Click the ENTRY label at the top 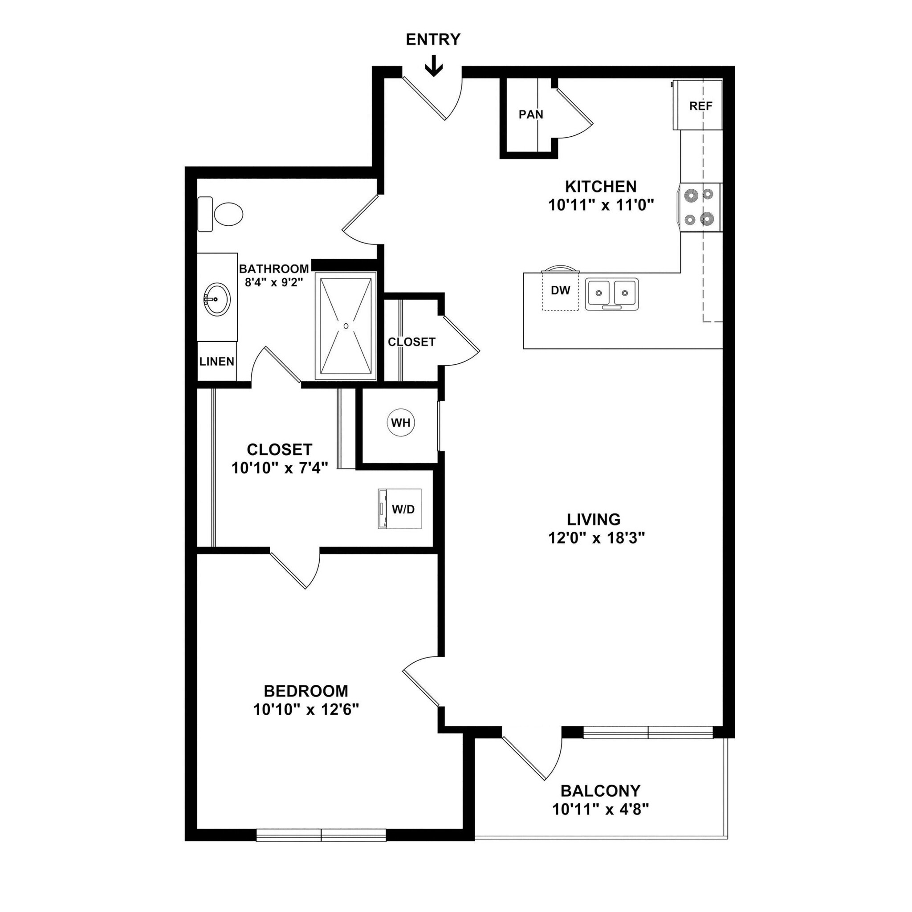pyautogui.click(x=433, y=40)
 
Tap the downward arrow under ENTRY pyautogui.click(x=433, y=66)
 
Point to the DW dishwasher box pyautogui.click(x=560, y=291)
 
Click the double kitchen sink pyautogui.click(x=612, y=293)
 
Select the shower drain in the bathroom pyautogui.click(x=346, y=326)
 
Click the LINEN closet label pyautogui.click(x=217, y=362)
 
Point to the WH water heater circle pyautogui.click(x=401, y=423)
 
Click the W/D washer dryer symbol pyautogui.click(x=400, y=509)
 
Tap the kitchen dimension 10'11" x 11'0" pyautogui.click(x=600, y=205)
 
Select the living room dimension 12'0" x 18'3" pyautogui.click(x=596, y=538)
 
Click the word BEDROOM pyautogui.click(x=306, y=691)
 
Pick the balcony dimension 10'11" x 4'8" pyautogui.click(x=600, y=810)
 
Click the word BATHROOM pyautogui.click(x=274, y=269)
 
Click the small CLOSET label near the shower pyautogui.click(x=411, y=342)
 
